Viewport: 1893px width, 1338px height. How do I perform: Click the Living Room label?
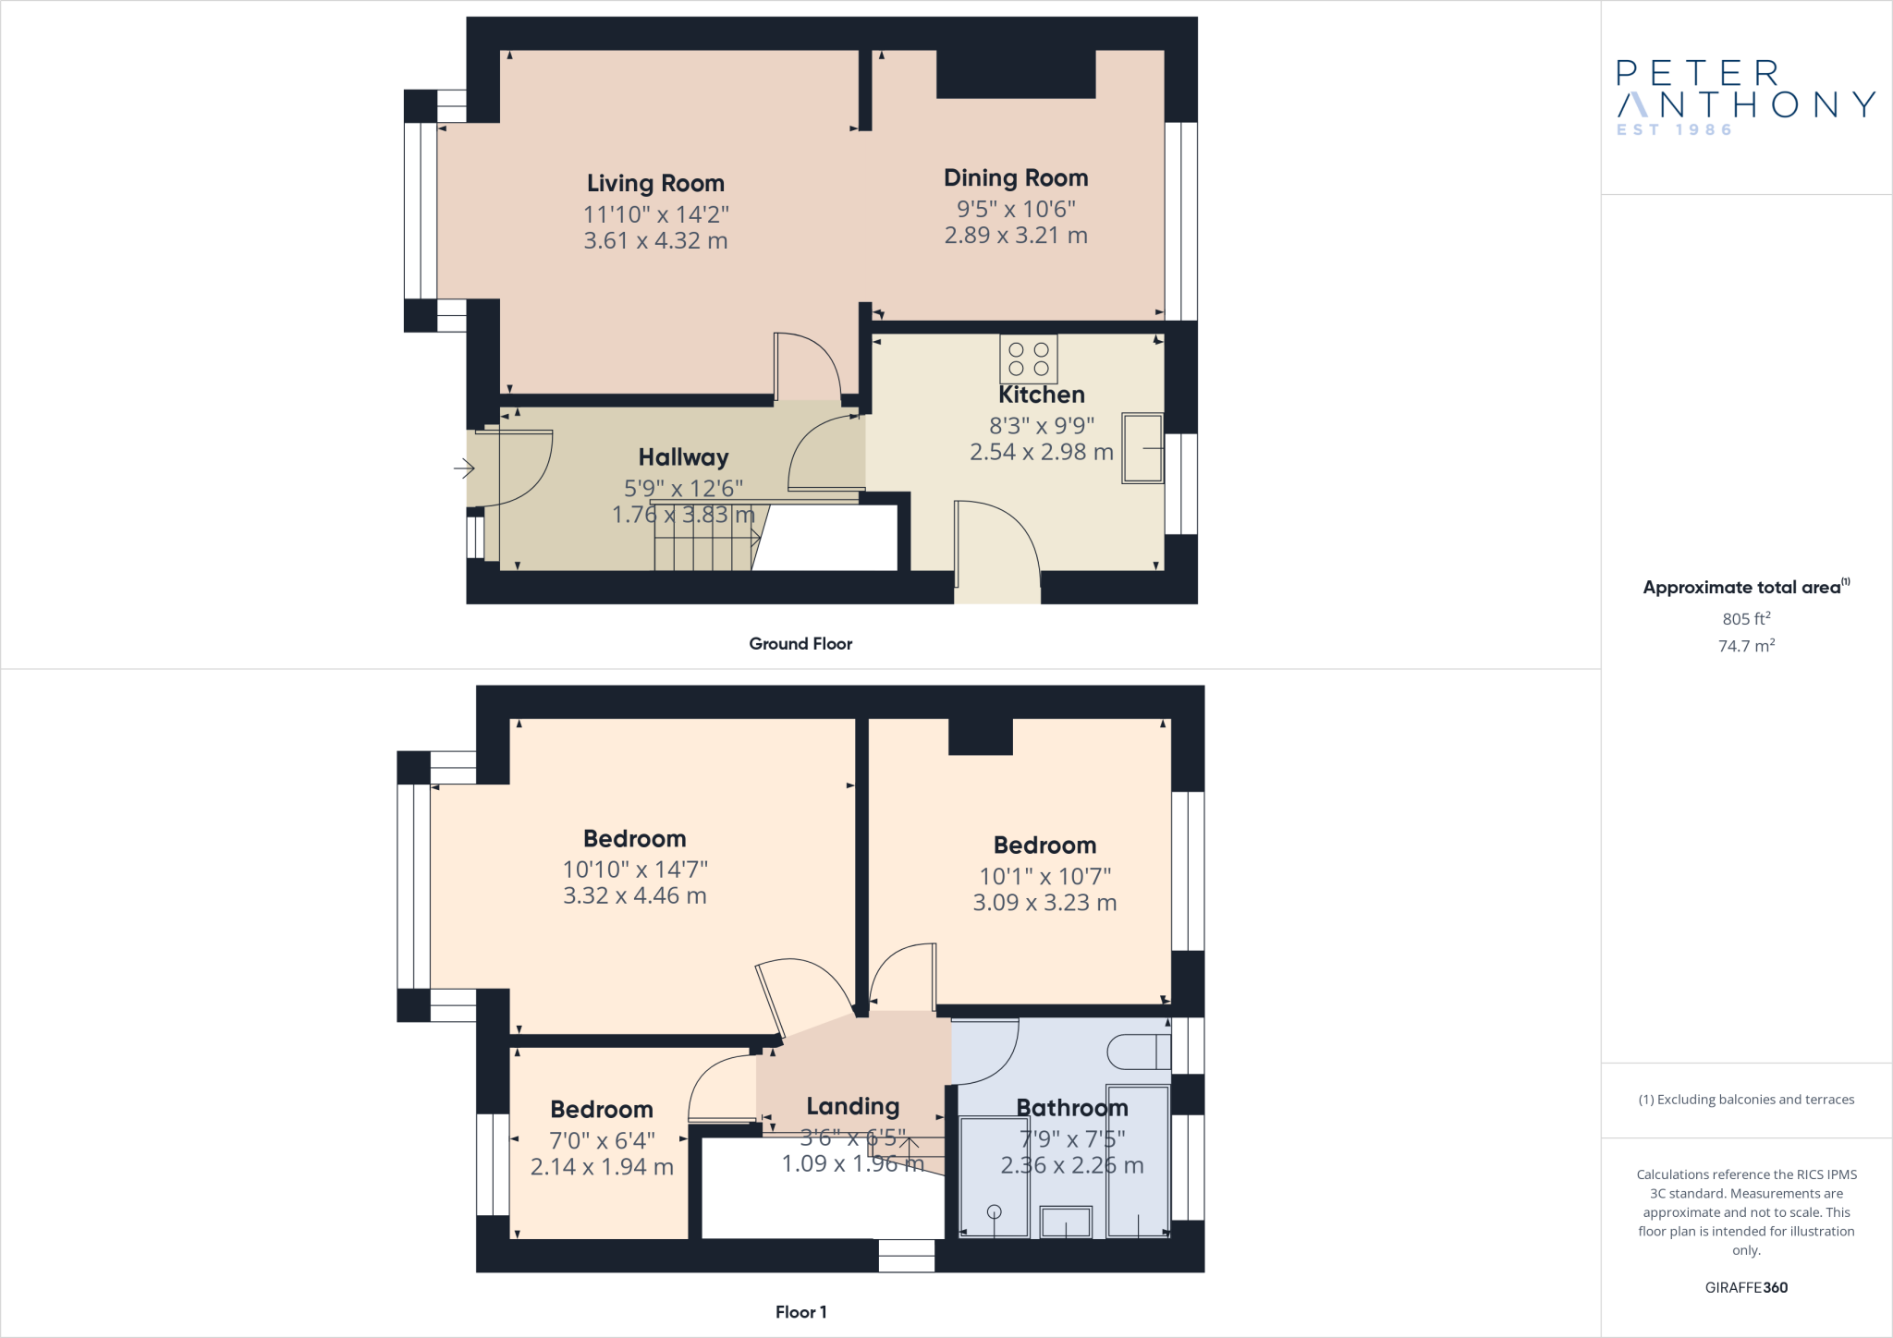655,183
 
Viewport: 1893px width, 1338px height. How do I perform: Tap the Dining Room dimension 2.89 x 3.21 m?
1016,236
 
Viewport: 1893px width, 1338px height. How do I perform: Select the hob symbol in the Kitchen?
1028,359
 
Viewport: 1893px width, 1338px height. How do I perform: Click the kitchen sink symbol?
1142,448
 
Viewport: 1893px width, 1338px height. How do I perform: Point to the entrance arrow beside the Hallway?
464,469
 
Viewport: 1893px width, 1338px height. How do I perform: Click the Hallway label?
683,457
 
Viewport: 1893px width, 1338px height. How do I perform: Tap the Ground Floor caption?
800,644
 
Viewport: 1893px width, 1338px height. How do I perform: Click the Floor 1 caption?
800,1312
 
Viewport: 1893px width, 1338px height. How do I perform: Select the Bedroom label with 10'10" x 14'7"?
634,839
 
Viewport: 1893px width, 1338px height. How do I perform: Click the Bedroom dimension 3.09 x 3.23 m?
1044,903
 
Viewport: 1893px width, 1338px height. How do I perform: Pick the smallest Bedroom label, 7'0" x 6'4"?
602,1110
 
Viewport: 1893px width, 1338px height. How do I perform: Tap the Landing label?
852,1106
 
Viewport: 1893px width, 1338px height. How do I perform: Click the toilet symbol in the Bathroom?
1139,1052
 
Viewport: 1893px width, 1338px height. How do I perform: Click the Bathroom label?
1072,1108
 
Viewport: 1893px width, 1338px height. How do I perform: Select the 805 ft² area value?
1745,619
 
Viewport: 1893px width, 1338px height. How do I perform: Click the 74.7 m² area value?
1745,646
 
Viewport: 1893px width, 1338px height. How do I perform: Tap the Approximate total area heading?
1745,588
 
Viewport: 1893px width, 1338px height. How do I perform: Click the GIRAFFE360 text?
1746,1287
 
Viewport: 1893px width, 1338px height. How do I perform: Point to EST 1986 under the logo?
1674,130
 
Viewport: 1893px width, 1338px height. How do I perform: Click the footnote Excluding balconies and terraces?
1746,1100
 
